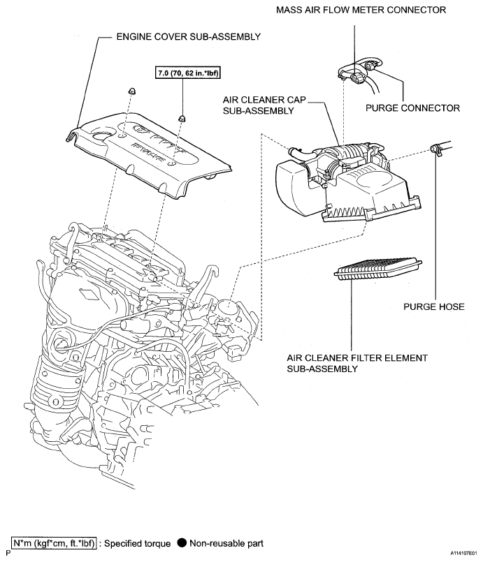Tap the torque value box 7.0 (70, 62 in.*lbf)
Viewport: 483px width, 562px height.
coord(184,72)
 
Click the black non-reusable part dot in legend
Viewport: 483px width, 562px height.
coord(182,543)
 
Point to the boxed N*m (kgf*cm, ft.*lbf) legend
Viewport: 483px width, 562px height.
coord(53,543)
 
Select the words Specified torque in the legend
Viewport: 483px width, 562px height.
coord(138,543)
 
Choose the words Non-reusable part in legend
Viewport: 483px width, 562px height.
coord(226,543)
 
